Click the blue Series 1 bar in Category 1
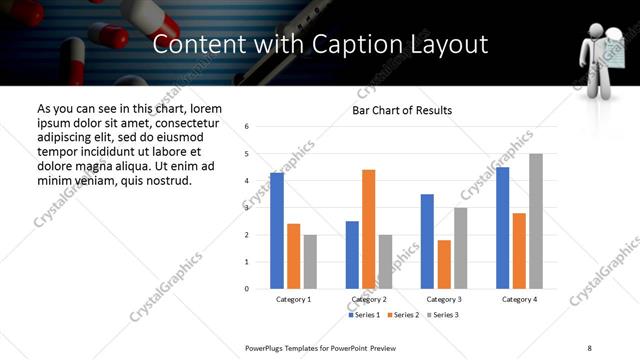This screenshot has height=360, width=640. point(277,230)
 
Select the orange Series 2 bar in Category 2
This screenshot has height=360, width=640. point(368,229)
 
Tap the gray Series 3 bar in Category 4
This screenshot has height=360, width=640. point(536,221)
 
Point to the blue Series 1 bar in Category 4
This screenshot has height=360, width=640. point(502,228)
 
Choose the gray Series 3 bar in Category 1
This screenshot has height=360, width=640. point(310,261)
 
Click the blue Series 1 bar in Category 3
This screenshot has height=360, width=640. point(427,241)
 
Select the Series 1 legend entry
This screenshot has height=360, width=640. point(364,315)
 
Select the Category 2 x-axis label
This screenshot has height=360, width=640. point(369,299)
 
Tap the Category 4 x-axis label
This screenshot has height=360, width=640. point(519,299)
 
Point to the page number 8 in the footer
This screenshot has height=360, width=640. point(588,347)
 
